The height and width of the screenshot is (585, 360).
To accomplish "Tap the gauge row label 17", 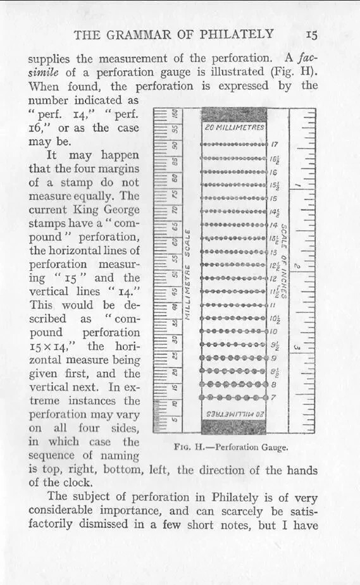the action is [275, 144].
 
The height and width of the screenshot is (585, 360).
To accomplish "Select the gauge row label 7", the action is [273, 397].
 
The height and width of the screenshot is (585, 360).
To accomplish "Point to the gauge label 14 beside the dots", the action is [274, 225].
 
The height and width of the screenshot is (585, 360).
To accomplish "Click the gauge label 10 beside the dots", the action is [274, 331].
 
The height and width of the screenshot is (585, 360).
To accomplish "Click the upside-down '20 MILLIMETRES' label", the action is [234, 413].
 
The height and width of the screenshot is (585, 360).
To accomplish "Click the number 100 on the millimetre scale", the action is [175, 116].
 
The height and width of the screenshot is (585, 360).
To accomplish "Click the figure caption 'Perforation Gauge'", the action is [251, 446].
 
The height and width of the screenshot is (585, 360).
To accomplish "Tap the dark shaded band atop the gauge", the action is [234, 114].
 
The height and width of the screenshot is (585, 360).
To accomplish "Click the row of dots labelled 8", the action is [233, 384].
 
